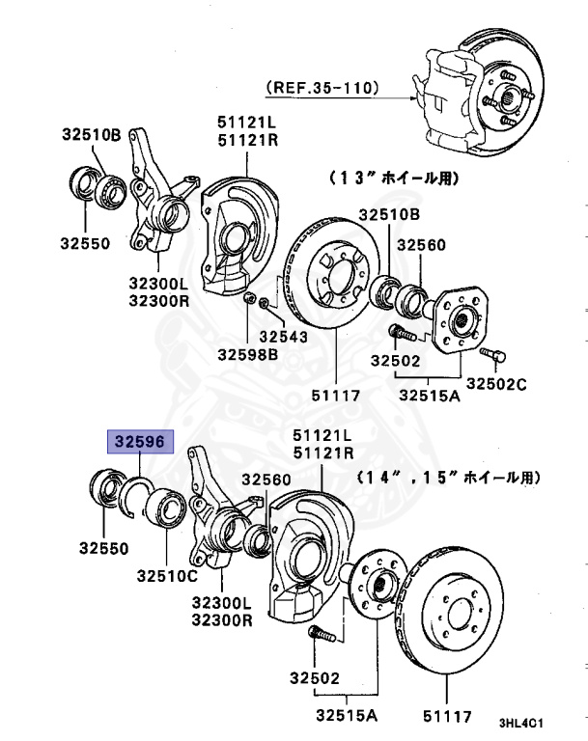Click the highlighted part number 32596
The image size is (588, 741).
(142, 443)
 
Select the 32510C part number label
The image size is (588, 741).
(166, 576)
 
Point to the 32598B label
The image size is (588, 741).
(248, 354)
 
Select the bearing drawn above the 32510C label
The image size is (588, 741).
(165, 505)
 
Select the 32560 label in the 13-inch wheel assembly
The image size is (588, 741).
(423, 245)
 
